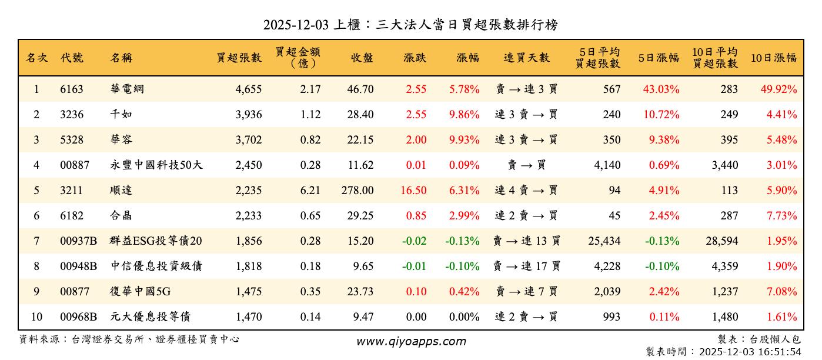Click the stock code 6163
72,89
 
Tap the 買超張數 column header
239,58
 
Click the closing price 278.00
357,191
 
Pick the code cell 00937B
78,241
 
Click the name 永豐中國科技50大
156,165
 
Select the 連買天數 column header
526,58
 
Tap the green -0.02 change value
414,241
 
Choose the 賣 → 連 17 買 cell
526,266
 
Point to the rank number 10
36,317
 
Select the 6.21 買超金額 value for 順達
310,191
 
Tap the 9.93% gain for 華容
464,140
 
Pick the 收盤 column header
362,58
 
